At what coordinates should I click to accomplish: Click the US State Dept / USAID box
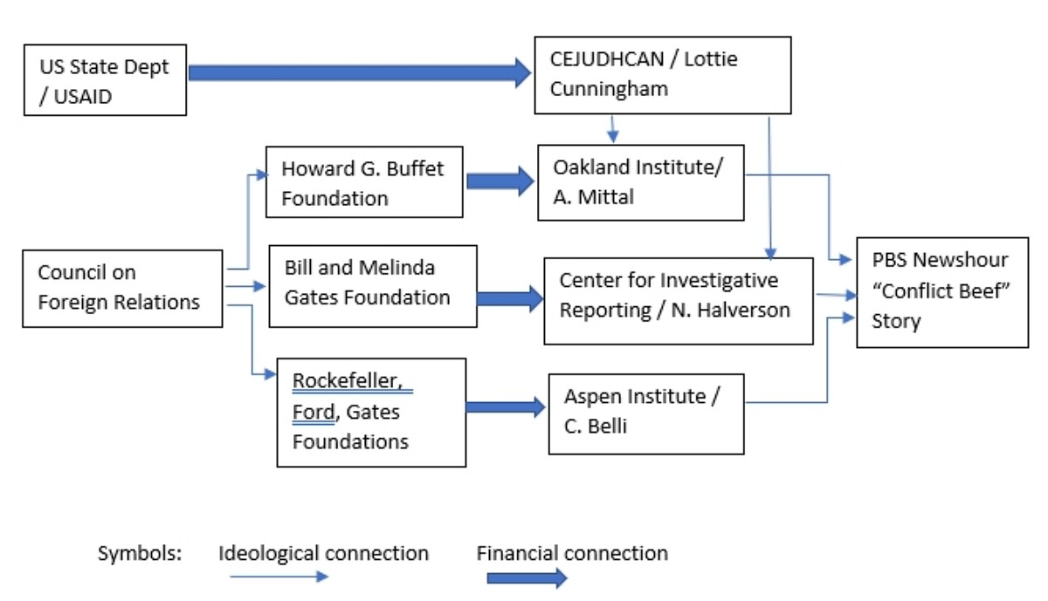click(x=105, y=80)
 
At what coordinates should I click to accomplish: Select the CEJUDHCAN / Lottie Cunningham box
click(x=662, y=75)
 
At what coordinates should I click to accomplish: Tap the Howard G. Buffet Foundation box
click(x=363, y=182)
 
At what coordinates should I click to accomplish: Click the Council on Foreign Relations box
click(x=122, y=288)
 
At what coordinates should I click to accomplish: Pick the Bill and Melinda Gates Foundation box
click(x=373, y=285)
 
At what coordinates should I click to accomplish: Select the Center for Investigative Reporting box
click(x=678, y=296)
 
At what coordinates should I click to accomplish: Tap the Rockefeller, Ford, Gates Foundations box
click(x=370, y=411)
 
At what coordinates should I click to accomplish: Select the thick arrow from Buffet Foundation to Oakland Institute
click(x=499, y=181)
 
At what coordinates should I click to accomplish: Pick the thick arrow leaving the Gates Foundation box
click(x=510, y=299)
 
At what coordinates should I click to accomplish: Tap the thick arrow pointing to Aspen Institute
click(x=504, y=406)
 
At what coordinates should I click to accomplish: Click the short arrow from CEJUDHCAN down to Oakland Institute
click(x=612, y=128)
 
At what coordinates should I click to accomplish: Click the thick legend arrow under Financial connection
click(x=527, y=578)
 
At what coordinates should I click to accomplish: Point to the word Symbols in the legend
click(x=139, y=554)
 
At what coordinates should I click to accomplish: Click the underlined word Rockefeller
click(x=351, y=381)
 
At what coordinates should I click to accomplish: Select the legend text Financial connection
click(x=572, y=553)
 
